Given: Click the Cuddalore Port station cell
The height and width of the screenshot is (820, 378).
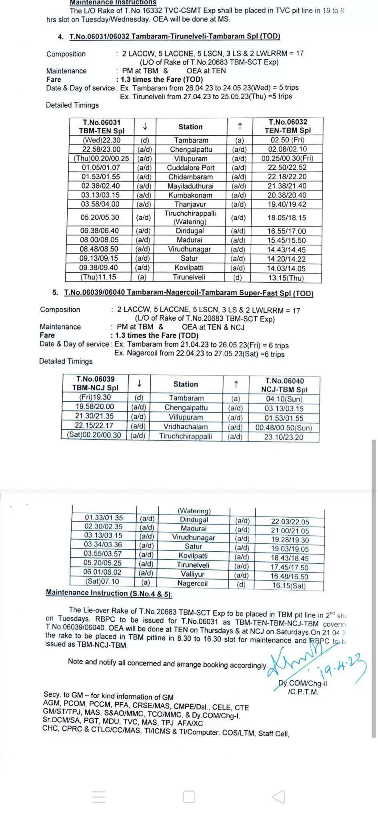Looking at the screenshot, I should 191,168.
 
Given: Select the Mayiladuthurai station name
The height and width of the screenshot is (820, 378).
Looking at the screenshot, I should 190,186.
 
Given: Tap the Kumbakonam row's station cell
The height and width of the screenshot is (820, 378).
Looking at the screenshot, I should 190,195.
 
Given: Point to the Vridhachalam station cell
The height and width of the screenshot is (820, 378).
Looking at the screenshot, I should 186,427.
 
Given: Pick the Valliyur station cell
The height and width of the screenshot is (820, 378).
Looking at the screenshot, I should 192,574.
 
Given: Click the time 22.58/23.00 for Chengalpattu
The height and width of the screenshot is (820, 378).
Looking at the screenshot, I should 101,149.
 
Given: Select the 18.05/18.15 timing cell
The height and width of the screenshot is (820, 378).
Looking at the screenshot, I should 286,218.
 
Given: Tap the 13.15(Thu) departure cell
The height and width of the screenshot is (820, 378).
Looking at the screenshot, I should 286,278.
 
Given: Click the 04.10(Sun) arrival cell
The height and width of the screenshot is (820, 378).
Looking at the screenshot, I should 284,399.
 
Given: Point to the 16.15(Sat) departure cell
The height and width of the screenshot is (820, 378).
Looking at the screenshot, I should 289,585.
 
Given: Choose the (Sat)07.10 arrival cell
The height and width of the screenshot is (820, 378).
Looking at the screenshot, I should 102,581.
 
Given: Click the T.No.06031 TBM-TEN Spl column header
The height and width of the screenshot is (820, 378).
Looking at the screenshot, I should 102,127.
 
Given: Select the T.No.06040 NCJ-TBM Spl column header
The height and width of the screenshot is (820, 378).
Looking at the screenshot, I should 284,385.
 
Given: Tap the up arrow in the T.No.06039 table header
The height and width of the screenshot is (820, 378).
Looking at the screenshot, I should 236,384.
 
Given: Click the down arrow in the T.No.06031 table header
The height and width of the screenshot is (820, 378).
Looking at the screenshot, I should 145,127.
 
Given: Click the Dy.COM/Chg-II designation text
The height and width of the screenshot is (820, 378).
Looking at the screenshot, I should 303,683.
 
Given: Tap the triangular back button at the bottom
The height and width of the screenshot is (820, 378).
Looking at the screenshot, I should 279,797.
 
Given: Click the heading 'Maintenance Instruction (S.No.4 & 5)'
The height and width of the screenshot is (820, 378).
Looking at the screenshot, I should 109,593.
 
